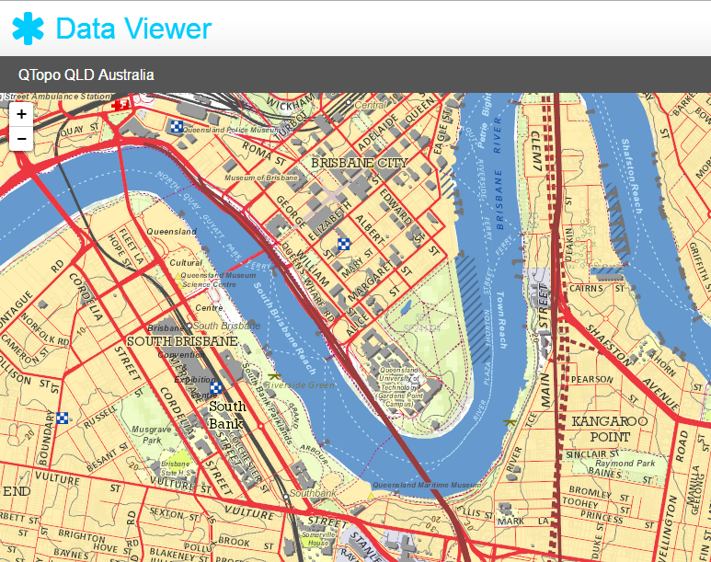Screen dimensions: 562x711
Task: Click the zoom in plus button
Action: coord(21,115)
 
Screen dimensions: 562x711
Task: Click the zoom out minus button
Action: coord(21,139)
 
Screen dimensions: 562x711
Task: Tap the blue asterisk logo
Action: coord(29,29)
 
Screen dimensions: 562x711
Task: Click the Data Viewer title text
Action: coord(133,29)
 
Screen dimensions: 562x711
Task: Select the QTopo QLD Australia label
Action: coord(86,75)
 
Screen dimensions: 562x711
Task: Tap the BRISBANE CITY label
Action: coord(359,163)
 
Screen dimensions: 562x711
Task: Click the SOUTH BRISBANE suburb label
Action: coord(182,341)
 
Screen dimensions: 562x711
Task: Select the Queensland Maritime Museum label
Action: coord(427,485)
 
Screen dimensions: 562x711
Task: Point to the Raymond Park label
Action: coord(625,464)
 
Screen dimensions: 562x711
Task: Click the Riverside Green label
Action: coord(309,384)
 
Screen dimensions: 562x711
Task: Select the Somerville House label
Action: coord(318,538)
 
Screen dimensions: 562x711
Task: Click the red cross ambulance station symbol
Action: coord(119,107)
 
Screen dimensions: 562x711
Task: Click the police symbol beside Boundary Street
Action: coord(62,418)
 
